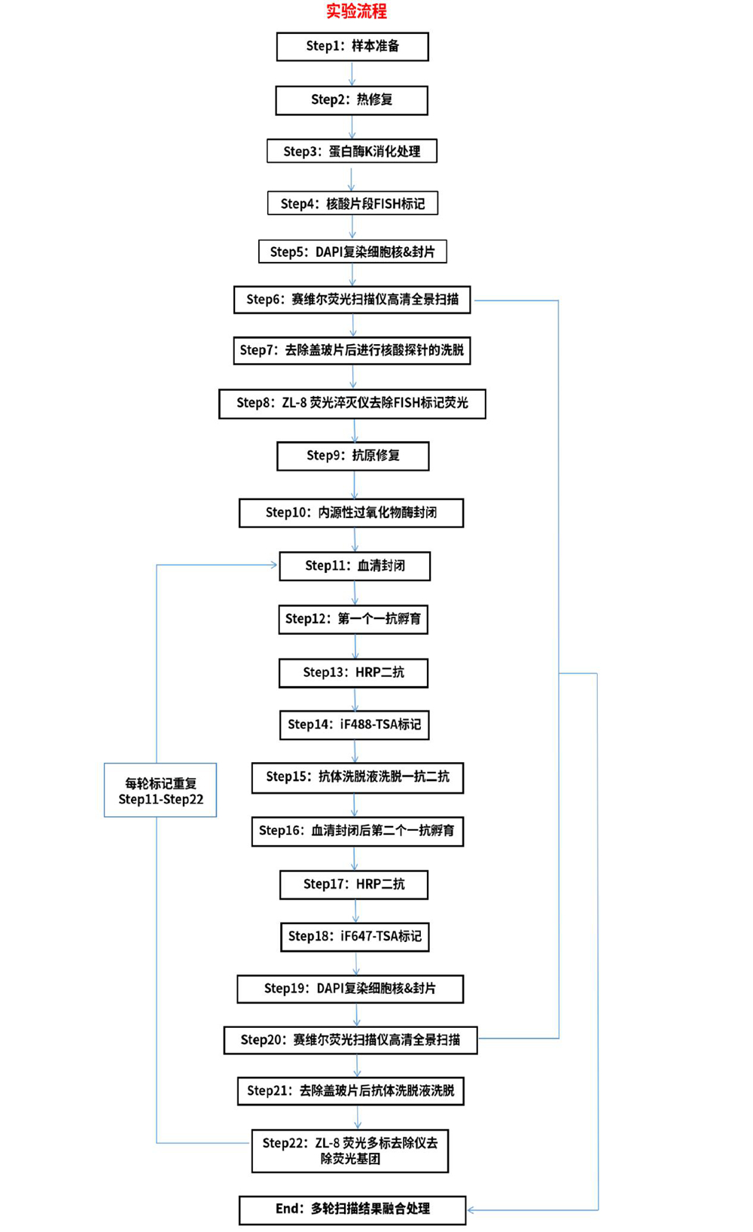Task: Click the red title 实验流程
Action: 356,11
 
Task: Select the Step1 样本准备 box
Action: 352,46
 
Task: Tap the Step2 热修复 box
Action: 352,100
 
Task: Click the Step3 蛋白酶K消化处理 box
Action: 352,151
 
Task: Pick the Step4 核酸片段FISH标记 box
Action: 352,203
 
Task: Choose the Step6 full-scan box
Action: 352,300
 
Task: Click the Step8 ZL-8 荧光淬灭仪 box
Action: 352,404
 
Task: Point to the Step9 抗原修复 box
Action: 353,456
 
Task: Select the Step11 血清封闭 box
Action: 355,566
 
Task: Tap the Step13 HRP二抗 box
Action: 354,672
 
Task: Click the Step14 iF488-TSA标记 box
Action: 354,725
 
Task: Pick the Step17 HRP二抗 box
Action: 354,884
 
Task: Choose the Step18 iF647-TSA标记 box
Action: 354,937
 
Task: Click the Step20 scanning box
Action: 350,1040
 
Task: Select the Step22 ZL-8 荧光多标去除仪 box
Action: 350,1151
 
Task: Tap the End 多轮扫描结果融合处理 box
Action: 352,1211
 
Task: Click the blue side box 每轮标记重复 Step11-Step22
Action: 160,791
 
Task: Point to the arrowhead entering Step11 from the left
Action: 274,565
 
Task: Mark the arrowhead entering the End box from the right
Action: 471,1210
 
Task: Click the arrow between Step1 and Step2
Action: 352,74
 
